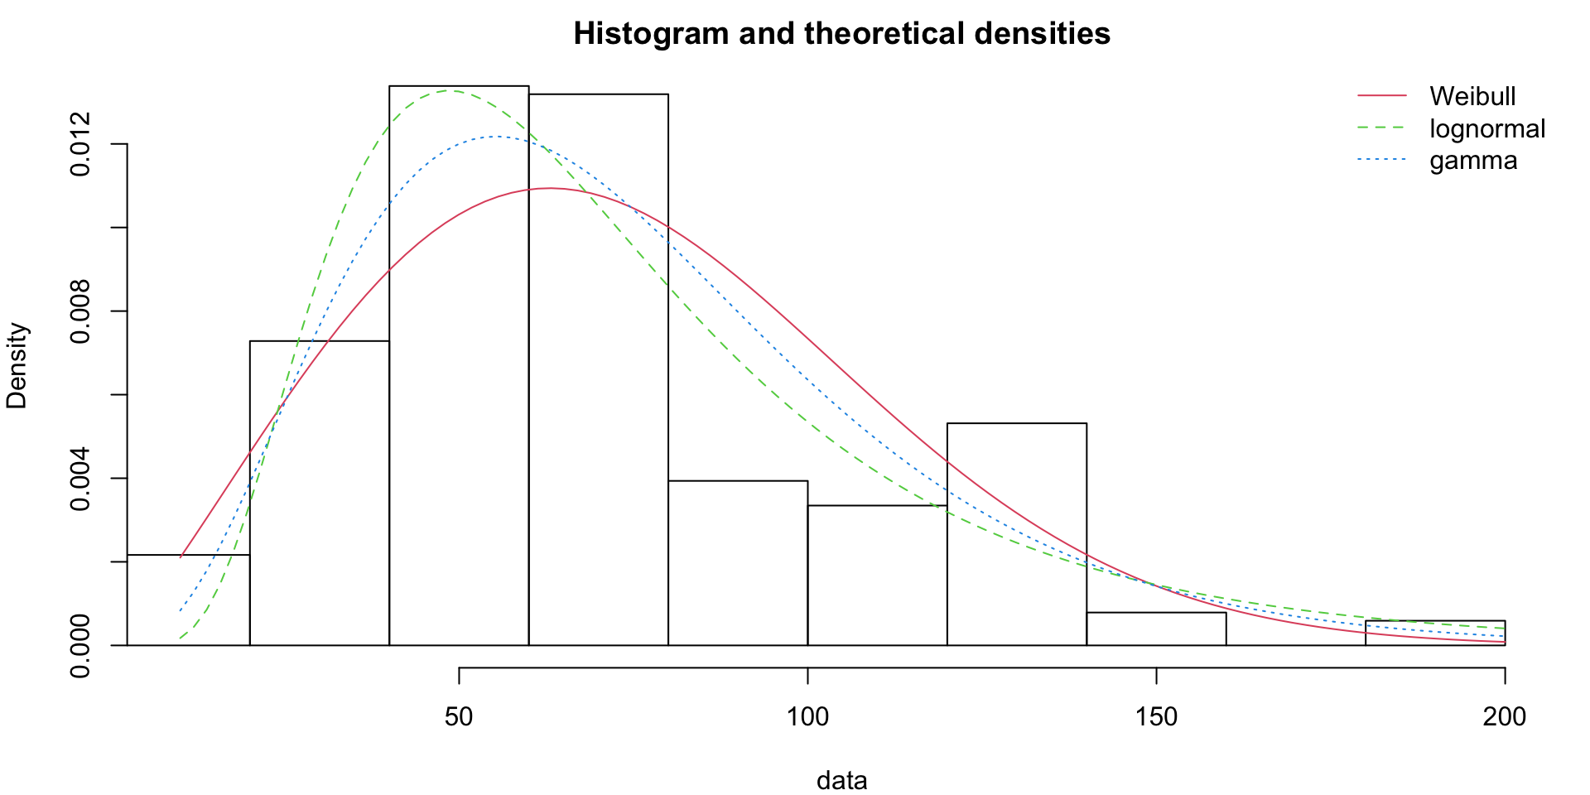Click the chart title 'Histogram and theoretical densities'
(841, 34)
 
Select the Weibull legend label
(1472, 97)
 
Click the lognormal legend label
(1487, 129)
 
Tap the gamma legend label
(1473, 161)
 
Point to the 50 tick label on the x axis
(459, 716)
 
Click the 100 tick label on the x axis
(807, 716)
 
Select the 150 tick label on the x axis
(1156, 716)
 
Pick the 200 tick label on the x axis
(1504, 716)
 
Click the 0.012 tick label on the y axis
(80, 144)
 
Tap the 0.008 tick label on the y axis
(80, 311)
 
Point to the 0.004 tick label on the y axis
(80, 479)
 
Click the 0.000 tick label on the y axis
(80, 645)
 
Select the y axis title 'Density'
(17, 365)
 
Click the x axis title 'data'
(841, 780)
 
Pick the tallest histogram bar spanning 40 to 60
(459, 364)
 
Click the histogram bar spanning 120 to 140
(1017, 534)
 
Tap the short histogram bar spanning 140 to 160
(1156, 629)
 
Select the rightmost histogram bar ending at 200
(1435, 634)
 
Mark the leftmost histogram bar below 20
(188, 600)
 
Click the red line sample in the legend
(1382, 97)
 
